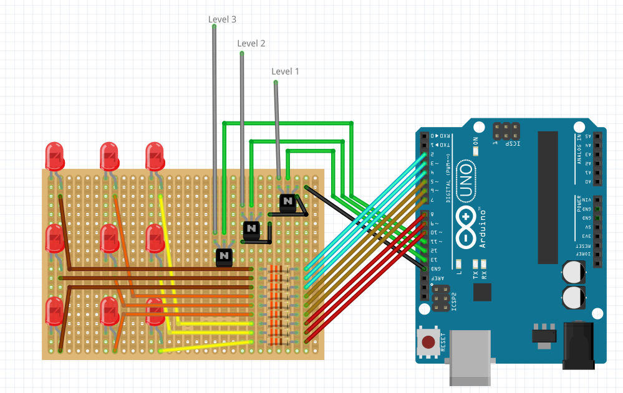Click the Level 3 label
(x=222, y=19)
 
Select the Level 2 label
(x=251, y=43)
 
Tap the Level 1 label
(x=285, y=71)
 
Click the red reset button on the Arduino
(x=428, y=342)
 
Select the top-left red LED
(x=55, y=156)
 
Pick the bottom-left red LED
(x=55, y=310)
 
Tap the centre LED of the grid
(x=110, y=238)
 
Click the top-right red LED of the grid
(x=155, y=156)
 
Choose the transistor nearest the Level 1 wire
(x=287, y=202)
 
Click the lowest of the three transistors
(x=224, y=256)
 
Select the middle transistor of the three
(x=251, y=229)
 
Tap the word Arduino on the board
(x=483, y=227)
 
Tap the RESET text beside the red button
(x=443, y=341)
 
